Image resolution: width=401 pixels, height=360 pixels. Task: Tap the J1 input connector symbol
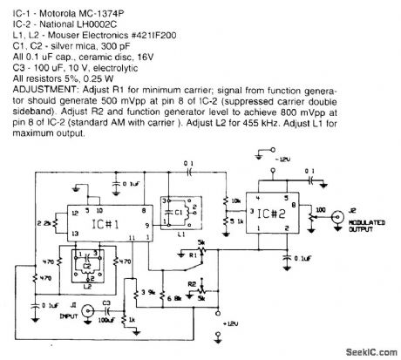(x=83, y=306)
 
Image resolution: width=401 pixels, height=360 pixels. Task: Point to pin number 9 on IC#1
(x=147, y=224)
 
